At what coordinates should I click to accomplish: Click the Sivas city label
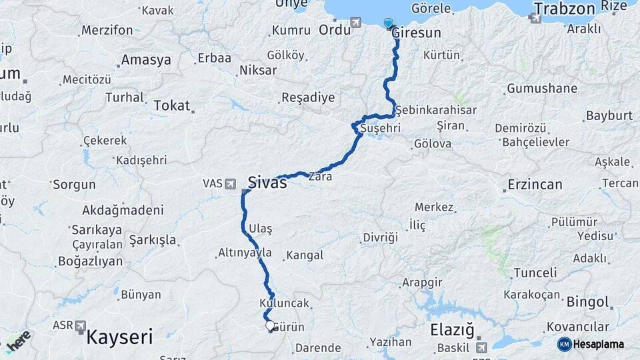(x=267, y=182)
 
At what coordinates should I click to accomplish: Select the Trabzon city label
(x=563, y=9)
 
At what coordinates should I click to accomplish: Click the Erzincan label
(x=535, y=185)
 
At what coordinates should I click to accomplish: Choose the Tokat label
(x=171, y=105)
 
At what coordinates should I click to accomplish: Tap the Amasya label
(x=145, y=60)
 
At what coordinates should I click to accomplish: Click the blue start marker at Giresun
(x=389, y=23)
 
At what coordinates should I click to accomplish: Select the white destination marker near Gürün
(x=270, y=326)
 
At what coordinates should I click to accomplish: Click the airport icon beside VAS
(x=231, y=183)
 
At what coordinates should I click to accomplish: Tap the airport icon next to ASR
(x=81, y=325)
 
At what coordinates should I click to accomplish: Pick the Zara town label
(x=320, y=177)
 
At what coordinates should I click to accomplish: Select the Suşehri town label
(x=378, y=127)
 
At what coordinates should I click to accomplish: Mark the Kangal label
(x=304, y=255)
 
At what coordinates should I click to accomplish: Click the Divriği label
(x=380, y=237)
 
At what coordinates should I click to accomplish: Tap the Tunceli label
(x=535, y=273)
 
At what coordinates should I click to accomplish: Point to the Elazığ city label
(x=451, y=329)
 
